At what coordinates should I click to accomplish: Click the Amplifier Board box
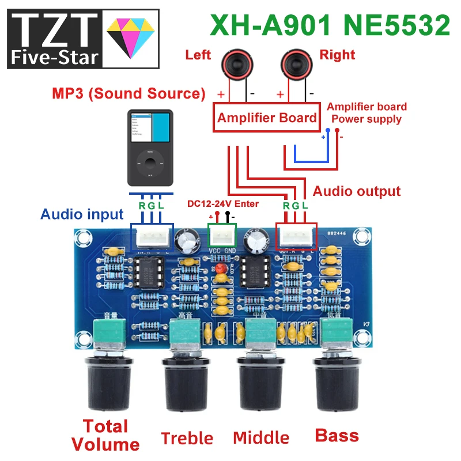[266, 118]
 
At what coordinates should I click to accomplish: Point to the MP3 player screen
[150, 126]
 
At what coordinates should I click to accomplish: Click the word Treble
[187, 438]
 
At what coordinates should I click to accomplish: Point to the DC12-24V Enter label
[223, 203]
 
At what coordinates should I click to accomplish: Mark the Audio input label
[82, 214]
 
